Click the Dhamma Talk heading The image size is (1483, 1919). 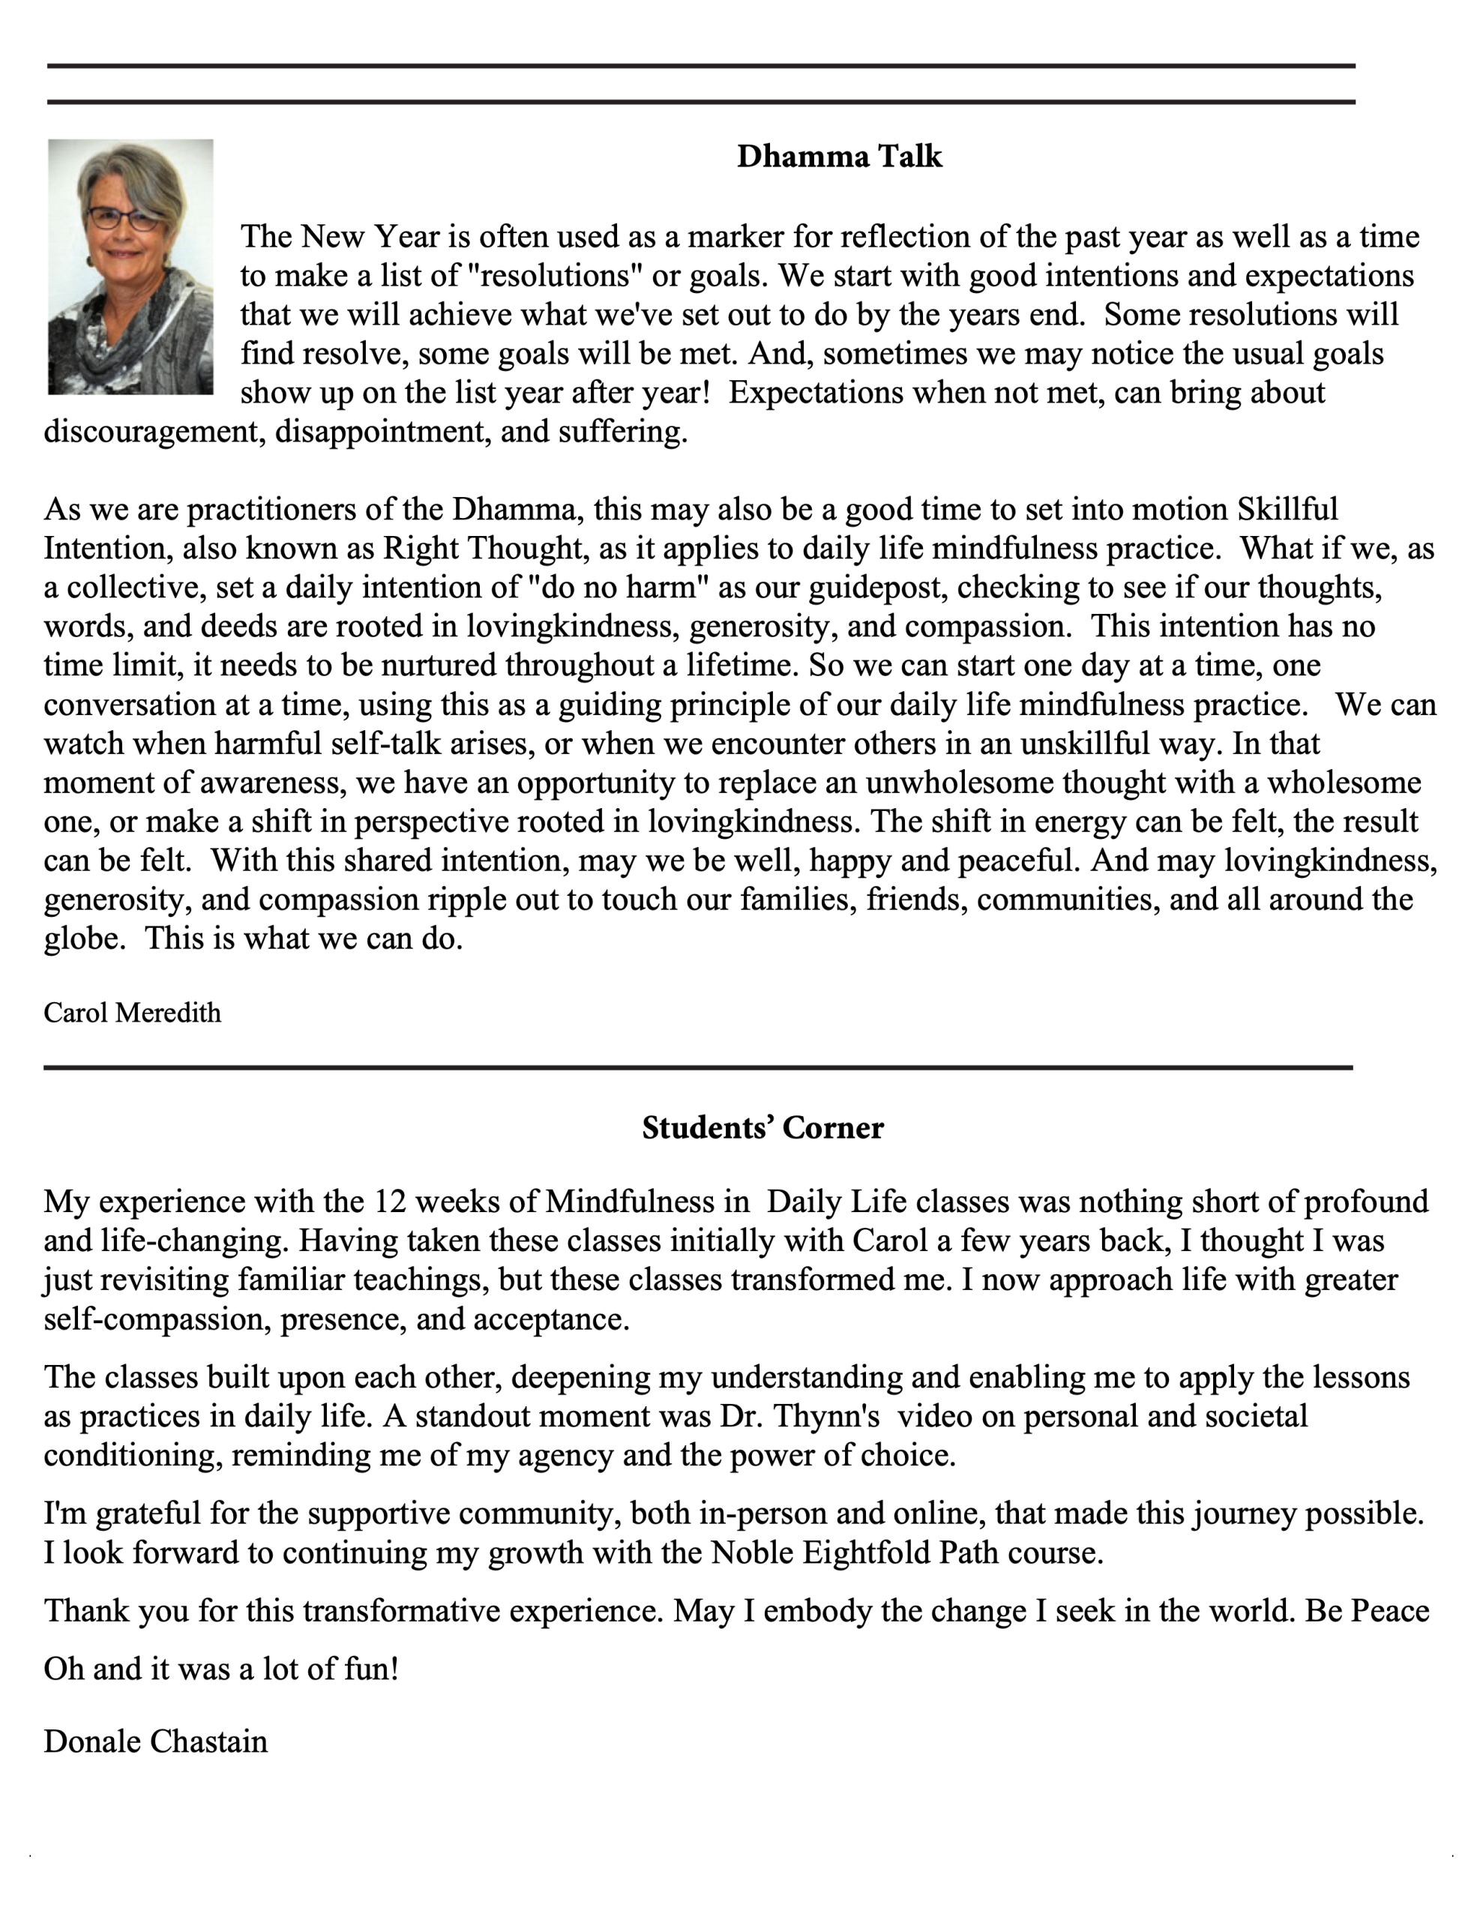839,157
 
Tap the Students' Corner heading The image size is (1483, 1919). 762,1127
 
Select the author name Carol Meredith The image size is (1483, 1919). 133,1013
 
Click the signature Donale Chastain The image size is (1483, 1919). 156,1741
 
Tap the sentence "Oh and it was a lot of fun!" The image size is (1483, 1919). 221,1668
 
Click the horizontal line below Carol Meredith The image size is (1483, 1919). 698,1067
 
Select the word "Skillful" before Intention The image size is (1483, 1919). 1287,510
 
